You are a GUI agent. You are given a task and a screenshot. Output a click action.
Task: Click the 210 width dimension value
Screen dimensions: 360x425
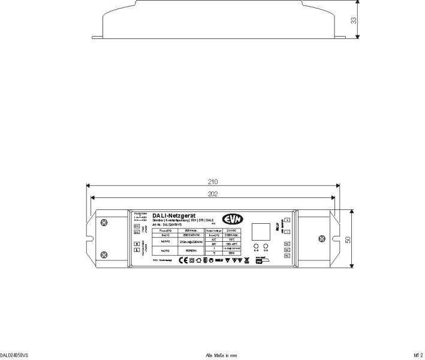pos(213,181)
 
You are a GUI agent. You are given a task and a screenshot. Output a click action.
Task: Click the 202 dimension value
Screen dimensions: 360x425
pos(213,193)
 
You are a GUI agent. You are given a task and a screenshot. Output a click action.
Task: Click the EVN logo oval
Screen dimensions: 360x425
pos(232,219)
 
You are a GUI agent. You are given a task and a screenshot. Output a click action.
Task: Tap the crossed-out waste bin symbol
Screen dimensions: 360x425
pos(246,260)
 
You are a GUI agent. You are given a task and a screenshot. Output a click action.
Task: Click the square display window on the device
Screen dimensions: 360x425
pos(261,232)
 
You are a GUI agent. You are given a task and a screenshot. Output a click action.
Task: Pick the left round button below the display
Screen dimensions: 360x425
pos(256,247)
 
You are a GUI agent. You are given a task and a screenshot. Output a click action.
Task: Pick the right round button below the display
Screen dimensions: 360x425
pos(266,247)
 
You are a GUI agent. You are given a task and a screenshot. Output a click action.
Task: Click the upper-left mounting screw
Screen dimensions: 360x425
pos(105,224)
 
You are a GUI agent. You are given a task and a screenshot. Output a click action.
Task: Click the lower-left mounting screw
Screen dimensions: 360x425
pos(105,254)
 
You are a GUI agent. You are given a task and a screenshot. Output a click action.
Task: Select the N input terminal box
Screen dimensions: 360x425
pos(137,243)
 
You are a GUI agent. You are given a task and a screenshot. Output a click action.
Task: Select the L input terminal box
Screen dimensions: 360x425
pos(137,250)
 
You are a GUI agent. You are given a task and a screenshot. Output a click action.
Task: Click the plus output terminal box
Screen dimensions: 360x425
pos(287,221)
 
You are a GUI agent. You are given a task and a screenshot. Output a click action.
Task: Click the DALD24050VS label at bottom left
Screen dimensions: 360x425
pos(14,355)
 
